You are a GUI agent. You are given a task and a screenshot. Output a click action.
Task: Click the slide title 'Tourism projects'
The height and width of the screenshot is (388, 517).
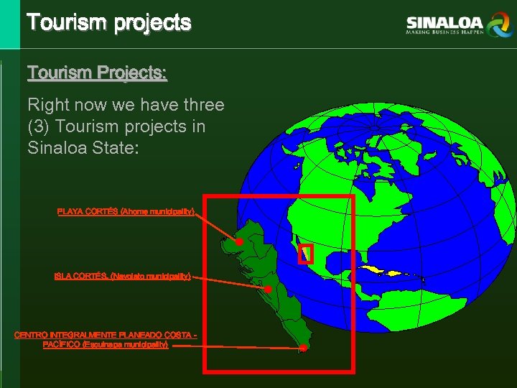pyautogui.click(x=109, y=22)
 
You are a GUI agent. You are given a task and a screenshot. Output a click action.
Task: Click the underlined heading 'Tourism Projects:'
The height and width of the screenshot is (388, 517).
pyautogui.click(x=97, y=73)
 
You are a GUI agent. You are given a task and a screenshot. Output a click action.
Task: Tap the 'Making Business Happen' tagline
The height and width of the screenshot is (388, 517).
pyautogui.click(x=444, y=32)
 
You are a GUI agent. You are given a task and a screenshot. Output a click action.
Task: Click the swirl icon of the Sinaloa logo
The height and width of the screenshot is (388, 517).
pyautogui.click(x=498, y=25)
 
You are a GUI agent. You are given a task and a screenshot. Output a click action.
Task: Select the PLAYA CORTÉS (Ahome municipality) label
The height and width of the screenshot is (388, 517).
pyautogui.click(x=126, y=211)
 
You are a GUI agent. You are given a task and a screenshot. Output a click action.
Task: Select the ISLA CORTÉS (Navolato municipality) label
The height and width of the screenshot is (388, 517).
pyautogui.click(x=122, y=276)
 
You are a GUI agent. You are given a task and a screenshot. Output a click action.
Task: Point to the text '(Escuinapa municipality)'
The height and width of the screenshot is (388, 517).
pyautogui.click(x=125, y=345)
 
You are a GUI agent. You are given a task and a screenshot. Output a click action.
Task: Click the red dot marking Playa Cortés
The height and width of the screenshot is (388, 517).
pyautogui.click(x=239, y=241)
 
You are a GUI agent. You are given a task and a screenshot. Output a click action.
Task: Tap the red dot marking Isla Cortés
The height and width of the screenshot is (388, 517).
pyautogui.click(x=267, y=289)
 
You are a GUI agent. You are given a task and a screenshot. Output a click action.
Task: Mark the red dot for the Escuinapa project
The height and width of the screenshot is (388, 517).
pyautogui.click(x=304, y=348)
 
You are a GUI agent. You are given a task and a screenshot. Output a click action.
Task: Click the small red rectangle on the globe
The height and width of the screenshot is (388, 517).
pyautogui.click(x=306, y=254)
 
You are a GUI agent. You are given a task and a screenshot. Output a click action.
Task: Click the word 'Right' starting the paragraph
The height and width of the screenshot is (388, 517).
pyautogui.click(x=48, y=105)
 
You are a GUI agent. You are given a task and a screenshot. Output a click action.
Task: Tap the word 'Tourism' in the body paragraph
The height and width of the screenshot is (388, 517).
pyautogui.click(x=83, y=126)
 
